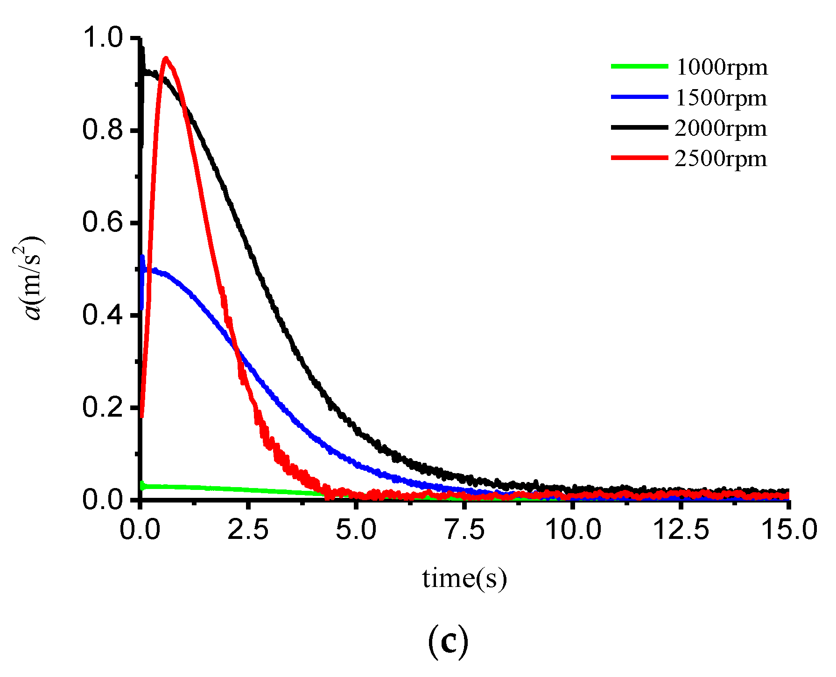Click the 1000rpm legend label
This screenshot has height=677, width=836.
(722, 67)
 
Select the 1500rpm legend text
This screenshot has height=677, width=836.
(721, 98)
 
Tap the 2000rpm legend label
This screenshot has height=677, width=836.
(721, 128)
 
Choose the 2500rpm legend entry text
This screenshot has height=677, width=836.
(721, 159)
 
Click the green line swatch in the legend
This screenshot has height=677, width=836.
(639, 66)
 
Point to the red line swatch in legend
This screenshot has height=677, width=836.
(639, 158)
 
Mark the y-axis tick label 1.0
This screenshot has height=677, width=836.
(103, 37)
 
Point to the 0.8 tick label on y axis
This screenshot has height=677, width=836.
(103, 130)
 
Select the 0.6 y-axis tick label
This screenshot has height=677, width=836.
(103, 222)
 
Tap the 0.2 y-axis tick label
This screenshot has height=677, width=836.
(103, 407)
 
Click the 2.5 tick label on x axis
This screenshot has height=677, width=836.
(248, 530)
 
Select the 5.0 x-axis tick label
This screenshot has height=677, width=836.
(356, 530)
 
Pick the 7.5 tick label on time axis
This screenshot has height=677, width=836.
(464, 530)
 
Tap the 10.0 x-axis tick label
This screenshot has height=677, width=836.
(573, 530)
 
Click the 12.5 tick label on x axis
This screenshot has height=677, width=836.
(681, 530)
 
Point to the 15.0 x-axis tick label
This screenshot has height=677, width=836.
(789, 530)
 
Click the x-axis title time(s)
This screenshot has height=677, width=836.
(464, 579)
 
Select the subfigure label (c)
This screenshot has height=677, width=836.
(448, 642)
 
